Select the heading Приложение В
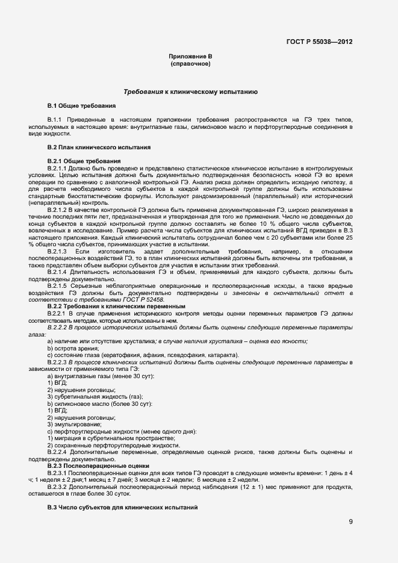(x=190, y=56)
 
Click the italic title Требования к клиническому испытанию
(x=190, y=92)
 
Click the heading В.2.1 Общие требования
(x=84, y=161)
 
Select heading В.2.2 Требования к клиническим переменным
(x=116, y=306)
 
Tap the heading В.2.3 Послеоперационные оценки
(x=98, y=465)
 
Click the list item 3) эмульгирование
(x=75, y=424)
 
